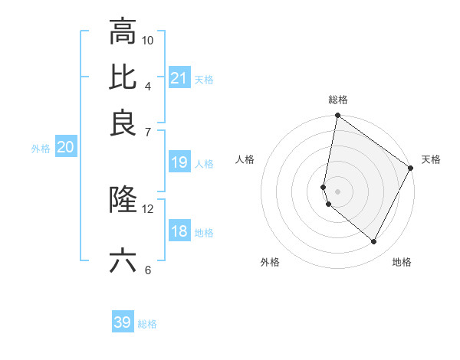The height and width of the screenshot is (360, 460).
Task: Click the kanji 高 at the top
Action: [123, 32]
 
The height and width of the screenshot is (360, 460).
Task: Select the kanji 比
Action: [123, 77]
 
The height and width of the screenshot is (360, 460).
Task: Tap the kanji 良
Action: [123, 123]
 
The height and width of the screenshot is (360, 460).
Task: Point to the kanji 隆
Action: [123, 199]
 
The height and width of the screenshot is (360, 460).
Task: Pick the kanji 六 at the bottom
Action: [123, 260]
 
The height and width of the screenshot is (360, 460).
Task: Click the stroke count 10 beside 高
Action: [148, 40]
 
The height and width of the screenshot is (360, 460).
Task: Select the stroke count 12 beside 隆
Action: [148, 208]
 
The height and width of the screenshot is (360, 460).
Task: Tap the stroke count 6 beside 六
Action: [148, 270]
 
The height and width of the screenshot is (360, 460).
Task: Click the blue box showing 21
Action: [179, 78]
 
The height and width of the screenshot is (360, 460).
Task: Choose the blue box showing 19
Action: [179, 162]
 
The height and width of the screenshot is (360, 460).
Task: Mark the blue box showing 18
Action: [179, 231]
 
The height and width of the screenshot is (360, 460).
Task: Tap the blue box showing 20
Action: [64, 148]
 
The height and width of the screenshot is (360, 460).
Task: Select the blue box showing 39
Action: [123, 322]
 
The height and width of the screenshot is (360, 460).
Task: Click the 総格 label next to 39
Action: [147, 324]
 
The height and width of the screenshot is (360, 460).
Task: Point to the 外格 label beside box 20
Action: [41, 149]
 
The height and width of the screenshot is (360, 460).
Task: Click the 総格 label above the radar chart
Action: [337, 100]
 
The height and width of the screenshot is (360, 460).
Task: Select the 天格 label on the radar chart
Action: [431, 159]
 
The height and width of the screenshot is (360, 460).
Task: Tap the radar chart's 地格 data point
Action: [374, 242]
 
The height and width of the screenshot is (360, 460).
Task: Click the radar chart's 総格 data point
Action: [337, 116]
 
